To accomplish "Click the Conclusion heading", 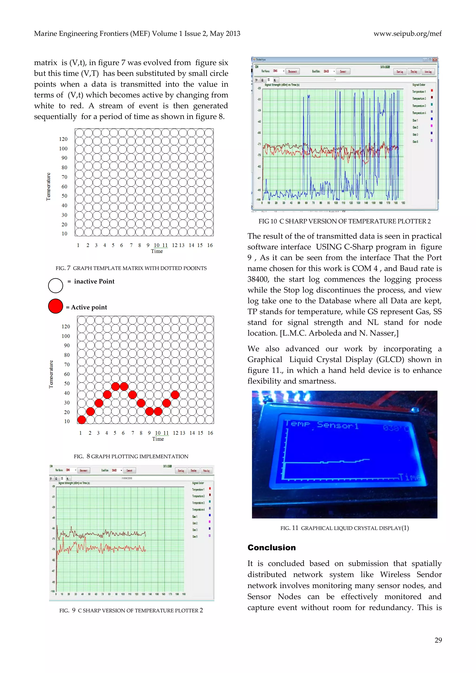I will tap(271, 548).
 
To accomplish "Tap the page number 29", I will tap(438, 640).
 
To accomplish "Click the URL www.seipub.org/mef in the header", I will tap(407, 34).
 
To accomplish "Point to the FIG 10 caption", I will tap(344, 221).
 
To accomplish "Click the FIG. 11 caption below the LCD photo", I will tap(344, 528).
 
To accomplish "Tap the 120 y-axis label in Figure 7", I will tap(63, 139).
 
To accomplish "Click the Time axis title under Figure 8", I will tap(158, 439).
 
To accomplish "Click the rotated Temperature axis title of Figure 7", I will tap(48, 187).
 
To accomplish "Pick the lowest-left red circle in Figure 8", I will tap(82, 420).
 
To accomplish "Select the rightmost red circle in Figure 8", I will tap(175, 395).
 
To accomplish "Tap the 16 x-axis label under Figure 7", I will tap(210, 245).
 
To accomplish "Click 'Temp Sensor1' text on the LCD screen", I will tap(322, 425).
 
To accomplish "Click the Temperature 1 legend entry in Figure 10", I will tap(419, 92).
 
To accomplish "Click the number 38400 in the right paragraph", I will tap(258, 279).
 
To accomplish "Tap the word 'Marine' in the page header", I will tap(45, 34).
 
